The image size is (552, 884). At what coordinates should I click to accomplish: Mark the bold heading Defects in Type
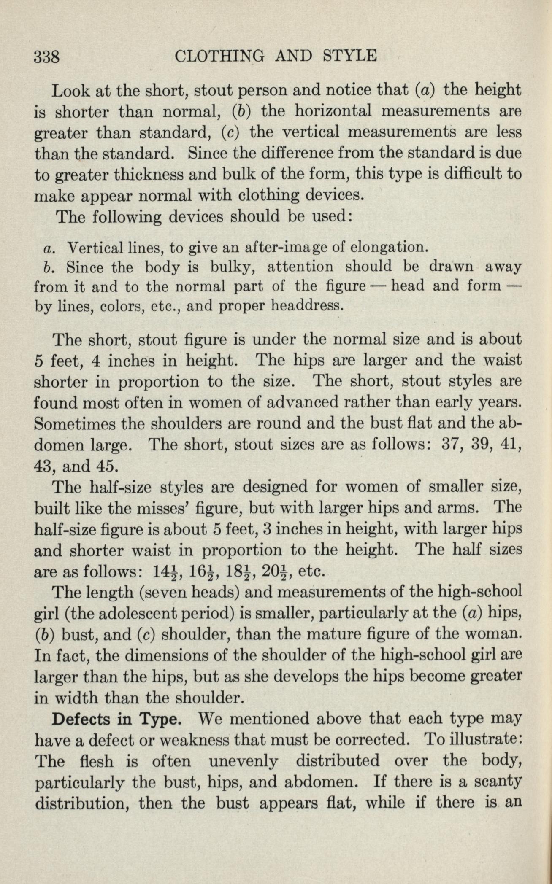click(116, 718)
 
